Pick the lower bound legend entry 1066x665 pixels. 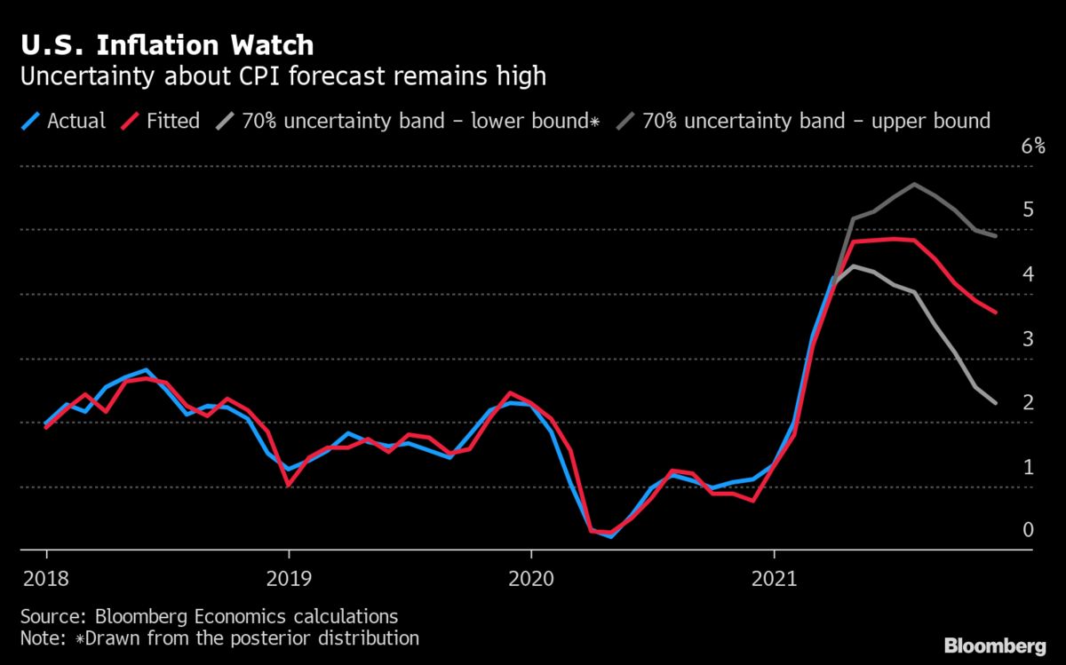point(409,120)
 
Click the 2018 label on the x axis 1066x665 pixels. point(43,580)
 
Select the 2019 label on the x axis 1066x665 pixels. point(288,580)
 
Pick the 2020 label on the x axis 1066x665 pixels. point(530,580)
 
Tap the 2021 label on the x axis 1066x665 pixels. point(774,580)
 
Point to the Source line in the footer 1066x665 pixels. point(208,616)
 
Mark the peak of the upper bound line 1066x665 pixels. point(913,184)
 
